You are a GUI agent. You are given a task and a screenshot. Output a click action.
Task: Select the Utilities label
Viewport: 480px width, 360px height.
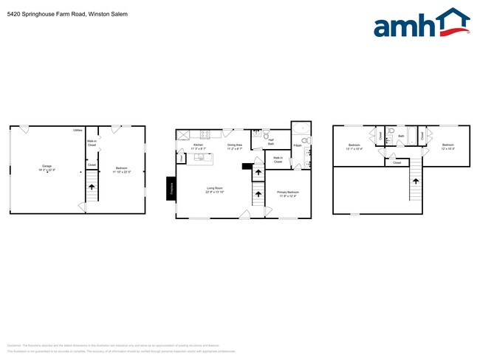pyautogui.click(x=78, y=131)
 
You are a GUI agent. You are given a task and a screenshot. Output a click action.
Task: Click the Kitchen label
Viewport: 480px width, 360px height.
pyautogui.click(x=198, y=145)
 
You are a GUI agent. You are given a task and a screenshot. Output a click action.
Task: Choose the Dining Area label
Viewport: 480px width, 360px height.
pyautogui.click(x=236, y=145)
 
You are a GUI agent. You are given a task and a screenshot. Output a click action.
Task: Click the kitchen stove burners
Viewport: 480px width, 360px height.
pyautogui.click(x=206, y=134)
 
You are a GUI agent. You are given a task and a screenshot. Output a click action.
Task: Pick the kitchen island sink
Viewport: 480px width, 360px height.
pyautogui.click(x=199, y=157)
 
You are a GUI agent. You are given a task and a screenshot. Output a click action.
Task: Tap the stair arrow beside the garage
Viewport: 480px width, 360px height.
pyautogui.click(x=92, y=187)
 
